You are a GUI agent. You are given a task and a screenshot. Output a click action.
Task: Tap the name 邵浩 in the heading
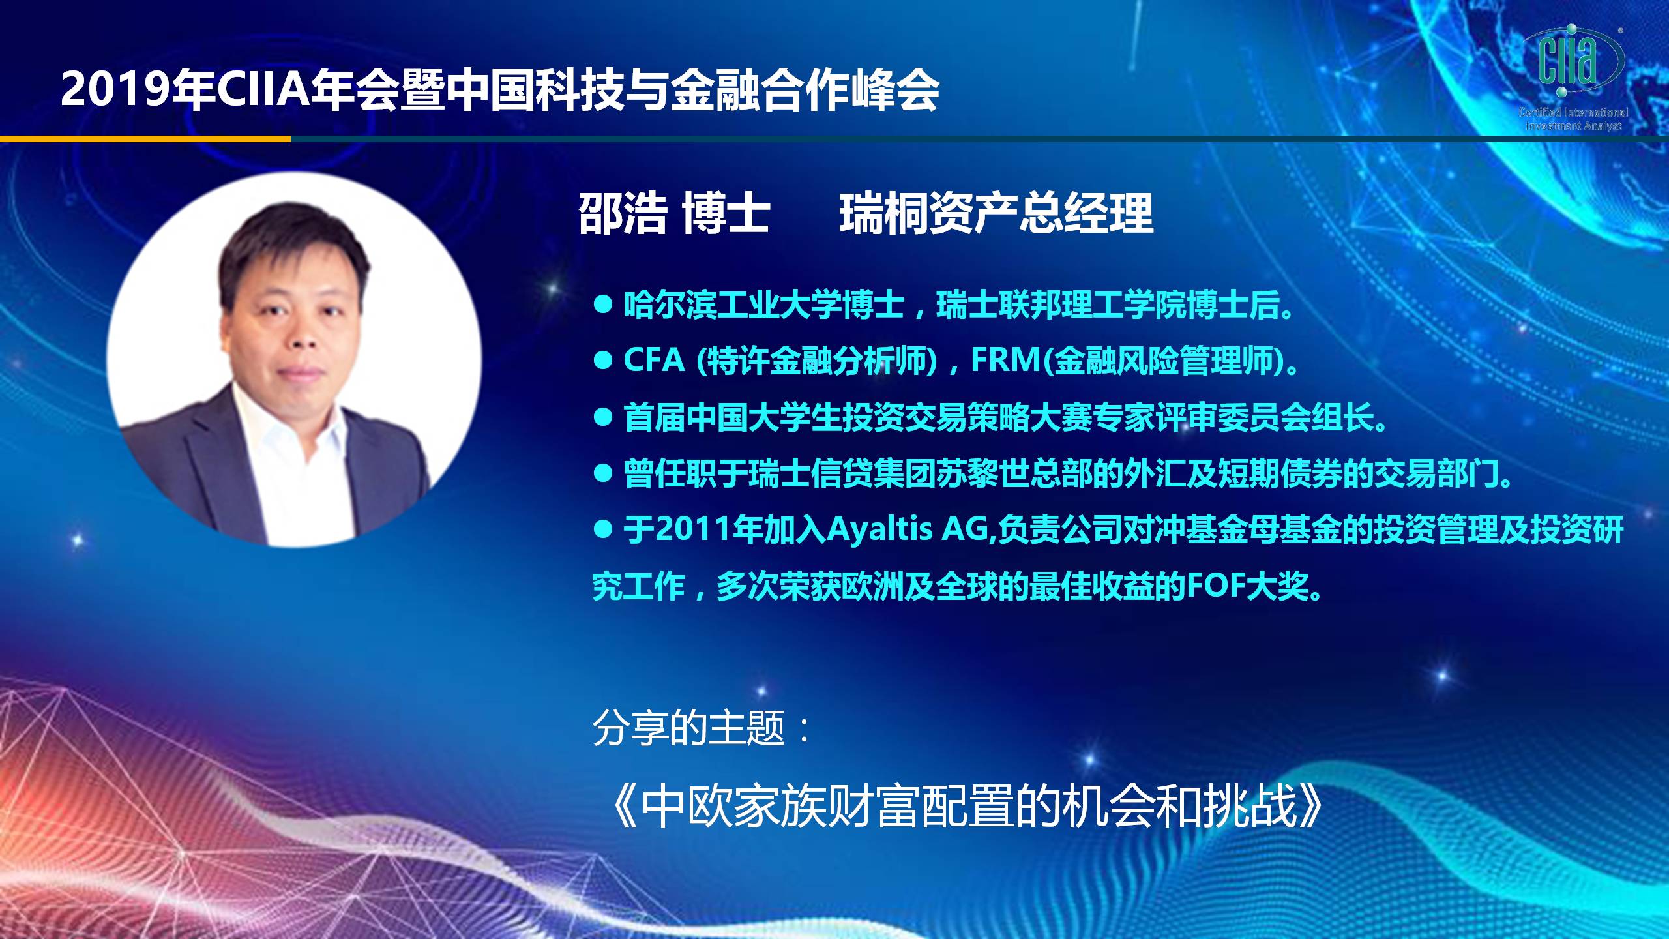(623, 214)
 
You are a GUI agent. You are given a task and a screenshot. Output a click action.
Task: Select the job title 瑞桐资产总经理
(997, 214)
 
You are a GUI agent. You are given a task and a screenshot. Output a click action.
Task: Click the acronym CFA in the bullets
(654, 360)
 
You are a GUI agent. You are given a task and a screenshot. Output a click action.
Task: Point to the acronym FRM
(1007, 360)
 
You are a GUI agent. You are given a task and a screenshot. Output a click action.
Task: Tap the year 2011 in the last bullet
(693, 529)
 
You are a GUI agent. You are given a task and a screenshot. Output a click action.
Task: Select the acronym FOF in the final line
(1215, 586)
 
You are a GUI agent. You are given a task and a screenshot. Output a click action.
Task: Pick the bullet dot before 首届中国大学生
(603, 417)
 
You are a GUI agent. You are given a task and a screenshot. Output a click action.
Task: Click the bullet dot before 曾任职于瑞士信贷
(603, 473)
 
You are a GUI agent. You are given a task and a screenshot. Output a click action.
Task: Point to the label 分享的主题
(688, 728)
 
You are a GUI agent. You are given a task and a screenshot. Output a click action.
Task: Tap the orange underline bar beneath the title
(145, 138)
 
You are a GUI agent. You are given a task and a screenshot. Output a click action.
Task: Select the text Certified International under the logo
(1573, 112)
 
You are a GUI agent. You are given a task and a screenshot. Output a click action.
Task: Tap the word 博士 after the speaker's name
(726, 214)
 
